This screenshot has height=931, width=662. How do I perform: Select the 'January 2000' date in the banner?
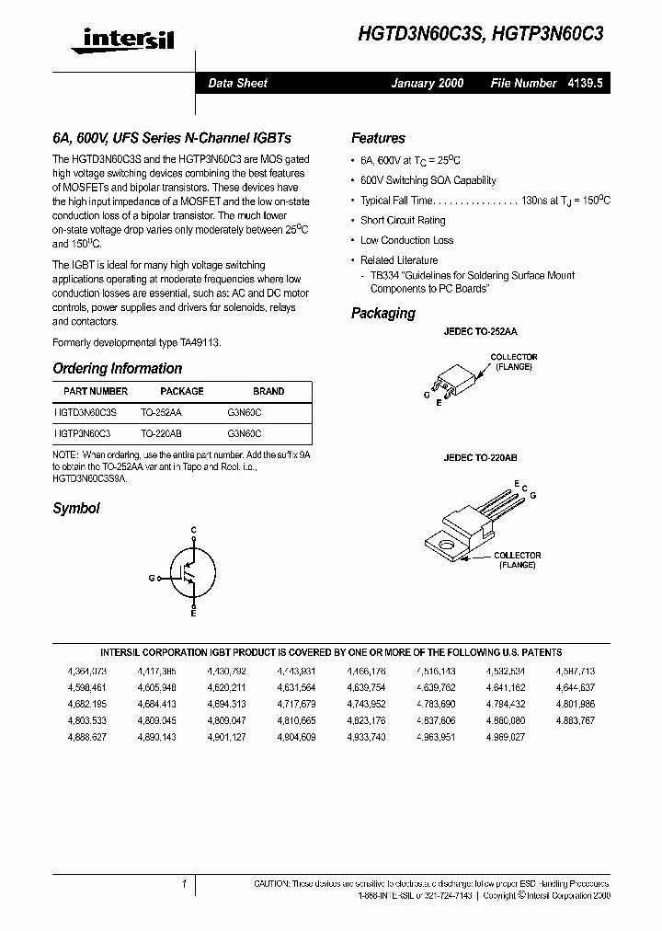428,83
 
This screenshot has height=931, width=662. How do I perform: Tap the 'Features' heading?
378,138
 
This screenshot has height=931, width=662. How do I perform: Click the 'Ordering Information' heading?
117,368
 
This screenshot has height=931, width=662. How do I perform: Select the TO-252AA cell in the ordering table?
161,414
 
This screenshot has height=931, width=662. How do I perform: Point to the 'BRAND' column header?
268,391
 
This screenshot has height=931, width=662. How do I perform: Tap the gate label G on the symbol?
152,578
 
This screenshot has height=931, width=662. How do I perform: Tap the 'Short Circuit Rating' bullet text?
403,221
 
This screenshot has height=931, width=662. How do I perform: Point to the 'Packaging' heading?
383,313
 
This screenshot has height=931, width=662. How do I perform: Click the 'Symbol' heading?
76,508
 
